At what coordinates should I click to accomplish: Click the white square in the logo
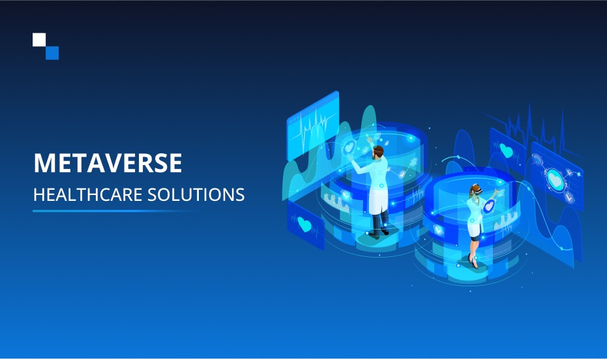39,40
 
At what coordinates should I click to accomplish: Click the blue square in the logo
52,53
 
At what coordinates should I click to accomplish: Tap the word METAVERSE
108,163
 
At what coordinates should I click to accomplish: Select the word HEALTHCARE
87,195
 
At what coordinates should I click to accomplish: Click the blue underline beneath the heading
112,211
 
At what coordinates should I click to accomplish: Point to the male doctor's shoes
379,232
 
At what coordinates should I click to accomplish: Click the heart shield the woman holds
489,206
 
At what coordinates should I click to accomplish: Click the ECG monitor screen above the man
313,126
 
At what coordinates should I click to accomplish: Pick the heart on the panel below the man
304,224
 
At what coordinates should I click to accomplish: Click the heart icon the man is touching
349,147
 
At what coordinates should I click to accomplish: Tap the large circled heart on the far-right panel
555,180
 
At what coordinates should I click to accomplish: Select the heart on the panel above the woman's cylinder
506,150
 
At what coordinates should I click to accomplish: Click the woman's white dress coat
475,216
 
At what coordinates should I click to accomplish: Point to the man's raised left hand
369,139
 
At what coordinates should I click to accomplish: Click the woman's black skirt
475,237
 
